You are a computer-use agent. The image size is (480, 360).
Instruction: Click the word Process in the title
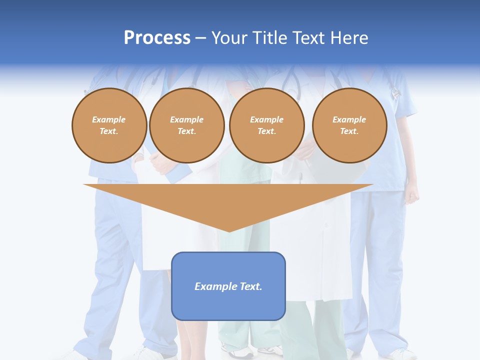tap(157, 38)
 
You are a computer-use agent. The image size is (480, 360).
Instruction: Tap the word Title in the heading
tap(269, 38)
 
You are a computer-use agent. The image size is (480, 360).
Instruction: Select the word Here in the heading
tap(349, 38)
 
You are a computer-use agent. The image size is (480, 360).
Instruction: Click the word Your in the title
tap(230, 38)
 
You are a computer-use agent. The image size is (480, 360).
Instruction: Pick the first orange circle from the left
tap(109, 125)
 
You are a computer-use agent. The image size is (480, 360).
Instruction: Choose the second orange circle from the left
tap(187, 125)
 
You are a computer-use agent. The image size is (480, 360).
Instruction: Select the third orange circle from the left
tap(267, 125)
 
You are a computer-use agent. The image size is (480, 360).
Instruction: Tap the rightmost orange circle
tap(349, 125)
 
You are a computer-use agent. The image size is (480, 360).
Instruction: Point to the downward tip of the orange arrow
tap(228, 231)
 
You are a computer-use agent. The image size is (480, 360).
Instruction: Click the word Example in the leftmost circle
tap(109, 120)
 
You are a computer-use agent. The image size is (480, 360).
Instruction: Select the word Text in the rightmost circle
tap(349, 131)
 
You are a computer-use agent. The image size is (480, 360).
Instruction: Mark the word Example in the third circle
tap(267, 120)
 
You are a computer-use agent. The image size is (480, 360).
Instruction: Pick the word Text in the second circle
tap(186, 131)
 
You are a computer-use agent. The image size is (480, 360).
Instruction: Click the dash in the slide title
tap(201, 38)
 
